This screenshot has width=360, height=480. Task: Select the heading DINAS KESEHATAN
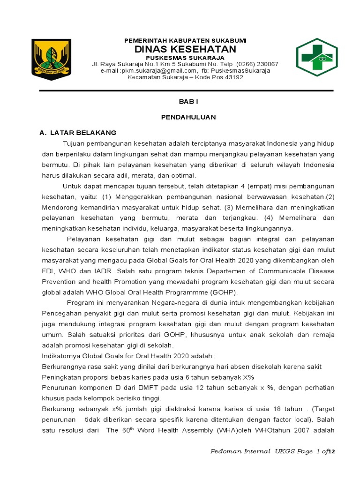pos(185,49)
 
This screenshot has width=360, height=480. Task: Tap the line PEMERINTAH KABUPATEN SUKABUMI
pos(185,40)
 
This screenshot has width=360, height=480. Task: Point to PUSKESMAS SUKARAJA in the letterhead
pos(185,58)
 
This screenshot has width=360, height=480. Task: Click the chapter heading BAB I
pos(186,101)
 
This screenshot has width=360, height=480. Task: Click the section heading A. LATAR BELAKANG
pos(79,133)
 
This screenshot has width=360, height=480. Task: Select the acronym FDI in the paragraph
pos(48,271)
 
